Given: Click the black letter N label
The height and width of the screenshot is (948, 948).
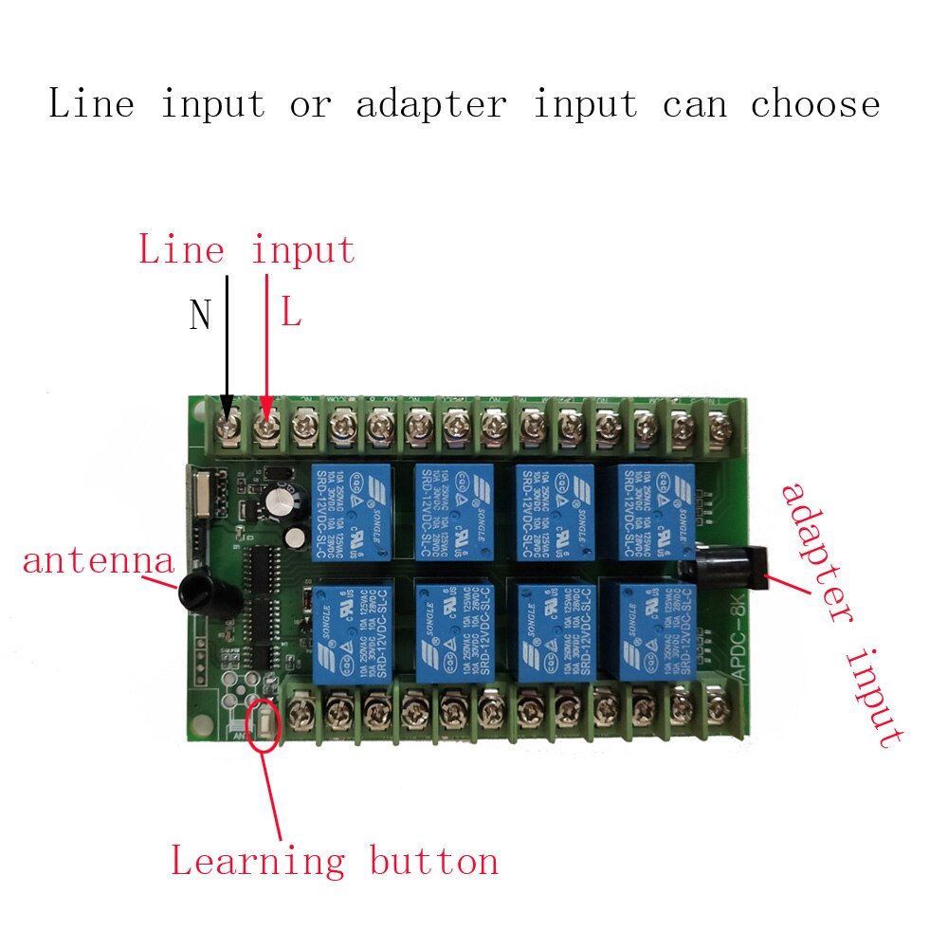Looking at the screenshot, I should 200,315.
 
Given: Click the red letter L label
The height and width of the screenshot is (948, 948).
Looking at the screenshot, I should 290,314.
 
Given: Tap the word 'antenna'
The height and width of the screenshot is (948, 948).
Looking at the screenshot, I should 99,561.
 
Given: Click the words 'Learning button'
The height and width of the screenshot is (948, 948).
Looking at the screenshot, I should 334,862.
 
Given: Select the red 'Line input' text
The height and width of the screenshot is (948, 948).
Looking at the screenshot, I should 246,250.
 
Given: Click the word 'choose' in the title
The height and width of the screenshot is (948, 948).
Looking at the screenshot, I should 815,104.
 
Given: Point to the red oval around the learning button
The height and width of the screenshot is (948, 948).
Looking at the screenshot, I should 263,726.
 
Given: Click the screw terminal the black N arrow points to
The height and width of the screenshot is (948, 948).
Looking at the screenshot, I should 228,427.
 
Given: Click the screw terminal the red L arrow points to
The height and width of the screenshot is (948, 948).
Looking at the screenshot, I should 266,428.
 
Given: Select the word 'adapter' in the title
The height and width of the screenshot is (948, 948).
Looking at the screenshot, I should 431,104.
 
